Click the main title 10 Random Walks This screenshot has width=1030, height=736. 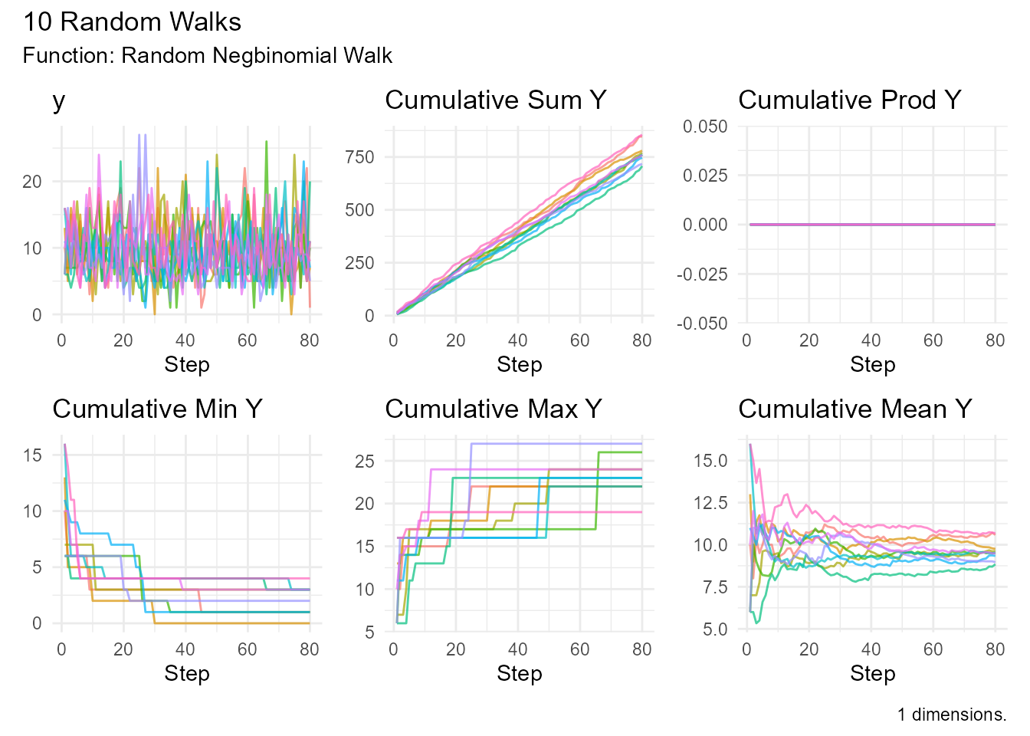pyautogui.click(x=132, y=21)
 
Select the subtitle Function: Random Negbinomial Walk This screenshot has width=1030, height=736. pyautogui.click(x=207, y=56)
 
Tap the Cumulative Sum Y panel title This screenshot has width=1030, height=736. pyautogui.click(x=495, y=100)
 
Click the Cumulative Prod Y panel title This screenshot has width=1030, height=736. pyautogui.click(x=849, y=100)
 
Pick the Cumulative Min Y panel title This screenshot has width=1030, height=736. pyautogui.click(x=157, y=409)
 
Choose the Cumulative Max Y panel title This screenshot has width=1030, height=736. pyautogui.click(x=493, y=409)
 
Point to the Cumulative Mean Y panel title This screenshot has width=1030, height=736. pyautogui.click(x=855, y=409)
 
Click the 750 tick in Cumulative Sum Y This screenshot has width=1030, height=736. pyautogui.click(x=359, y=157)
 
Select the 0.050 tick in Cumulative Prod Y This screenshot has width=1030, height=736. pyautogui.click(x=705, y=127)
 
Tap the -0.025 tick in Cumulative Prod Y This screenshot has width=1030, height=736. pyautogui.click(x=702, y=274)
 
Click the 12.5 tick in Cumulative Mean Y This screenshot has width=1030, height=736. pyautogui.click(x=712, y=503)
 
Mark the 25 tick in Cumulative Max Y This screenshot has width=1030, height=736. pyautogui.click(x=365, y=461)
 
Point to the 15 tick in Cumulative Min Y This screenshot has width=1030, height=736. pyautogui.click(x=32, y=455)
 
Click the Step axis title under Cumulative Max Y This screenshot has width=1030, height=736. pyautogui.click(x=519, y=674)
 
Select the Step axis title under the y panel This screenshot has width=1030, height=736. pyautogui.click(x=186, y=365)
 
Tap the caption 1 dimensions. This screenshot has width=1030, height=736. pyautogui.click(x=951, y=715)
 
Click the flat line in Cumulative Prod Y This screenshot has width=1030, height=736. pyautogui.click(x=871, y=225)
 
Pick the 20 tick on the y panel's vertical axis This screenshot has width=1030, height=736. pyautogui.click(x=32, y=182)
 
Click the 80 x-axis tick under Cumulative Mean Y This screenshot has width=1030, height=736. pyautogui.click(x=995, y=649)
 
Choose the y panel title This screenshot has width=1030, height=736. pyautogui.click(x=59, y=100)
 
